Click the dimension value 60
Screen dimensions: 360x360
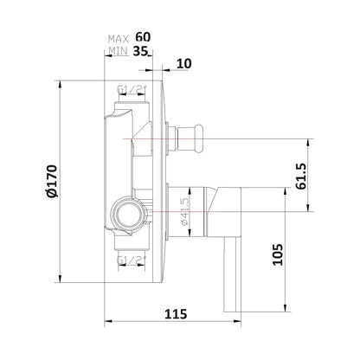click(x=142, y=38)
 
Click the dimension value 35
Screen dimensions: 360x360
click(x=142, y=51)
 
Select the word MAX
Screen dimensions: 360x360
click(x=119, y=38)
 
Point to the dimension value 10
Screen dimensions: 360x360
click(x=184, y=62)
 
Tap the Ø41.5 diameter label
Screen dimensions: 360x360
click(x=184, y=208)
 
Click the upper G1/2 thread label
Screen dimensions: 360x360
click(x=127, y=89)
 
